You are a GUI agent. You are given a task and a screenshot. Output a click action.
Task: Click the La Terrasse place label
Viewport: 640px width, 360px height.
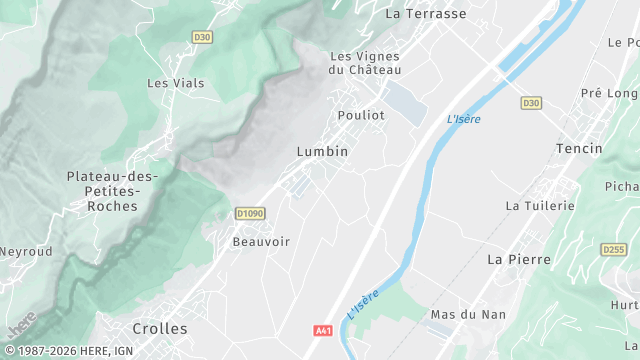click(x=426, y=14)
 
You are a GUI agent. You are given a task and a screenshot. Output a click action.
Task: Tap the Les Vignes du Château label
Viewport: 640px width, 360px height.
click(x=365, y=63)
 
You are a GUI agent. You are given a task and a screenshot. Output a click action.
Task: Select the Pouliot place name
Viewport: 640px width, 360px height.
click(x=361, y=115)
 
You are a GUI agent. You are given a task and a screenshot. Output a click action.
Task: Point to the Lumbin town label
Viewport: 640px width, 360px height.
click(x=322, y=151)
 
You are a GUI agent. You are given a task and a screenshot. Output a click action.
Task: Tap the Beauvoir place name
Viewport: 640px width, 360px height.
click(x=261, y=241)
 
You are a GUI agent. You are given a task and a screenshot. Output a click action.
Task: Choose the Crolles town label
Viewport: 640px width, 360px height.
click(x=160, y=328)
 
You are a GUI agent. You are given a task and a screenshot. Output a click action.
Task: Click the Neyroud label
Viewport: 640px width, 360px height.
click(x=25, y=252)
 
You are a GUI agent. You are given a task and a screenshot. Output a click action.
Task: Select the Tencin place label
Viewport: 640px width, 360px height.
click(x=579, y=148)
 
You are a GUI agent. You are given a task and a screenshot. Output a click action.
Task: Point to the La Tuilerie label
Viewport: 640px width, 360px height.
click(x=540, y=205)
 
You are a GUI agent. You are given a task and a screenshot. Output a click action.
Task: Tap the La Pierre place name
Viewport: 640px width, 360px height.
click(x=518, y=258)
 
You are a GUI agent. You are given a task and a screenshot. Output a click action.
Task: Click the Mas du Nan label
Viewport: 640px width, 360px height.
click(x=467, y=314)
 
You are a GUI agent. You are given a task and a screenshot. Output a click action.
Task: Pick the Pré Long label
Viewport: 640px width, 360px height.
click(x=609, y=93)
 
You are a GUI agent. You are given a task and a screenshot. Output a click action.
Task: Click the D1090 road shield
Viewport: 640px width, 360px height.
click(x=250, y=213)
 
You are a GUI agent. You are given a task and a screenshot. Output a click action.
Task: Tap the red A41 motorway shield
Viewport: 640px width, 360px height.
click(x=323, y=330)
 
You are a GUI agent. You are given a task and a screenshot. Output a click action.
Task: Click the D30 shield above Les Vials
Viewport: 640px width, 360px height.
click(x=202, y=37)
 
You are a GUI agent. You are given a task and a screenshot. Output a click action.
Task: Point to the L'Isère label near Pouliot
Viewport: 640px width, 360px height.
click(x=464, y=119)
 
